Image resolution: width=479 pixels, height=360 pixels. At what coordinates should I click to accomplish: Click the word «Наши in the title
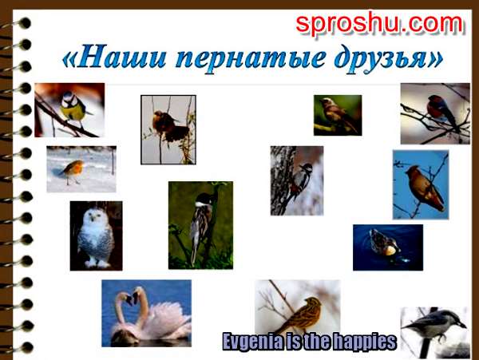tap(114, 57)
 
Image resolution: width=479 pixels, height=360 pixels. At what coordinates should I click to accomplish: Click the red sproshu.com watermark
tap(379, 24)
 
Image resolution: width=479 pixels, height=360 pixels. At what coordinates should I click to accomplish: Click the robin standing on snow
tap(73, 172)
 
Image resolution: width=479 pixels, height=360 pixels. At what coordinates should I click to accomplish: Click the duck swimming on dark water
tap(384, 243)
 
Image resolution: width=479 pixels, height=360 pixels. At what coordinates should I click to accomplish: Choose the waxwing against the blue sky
tap(425, 188)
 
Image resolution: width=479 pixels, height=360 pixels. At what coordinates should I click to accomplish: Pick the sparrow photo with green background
tap(338, 115)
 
